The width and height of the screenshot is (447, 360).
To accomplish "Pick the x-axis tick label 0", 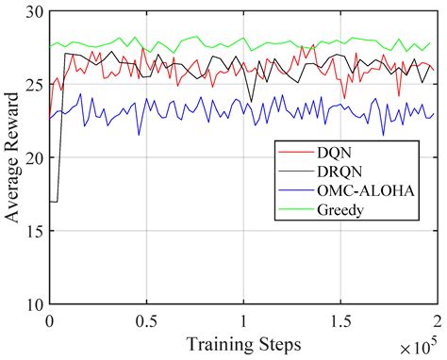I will [49, 319].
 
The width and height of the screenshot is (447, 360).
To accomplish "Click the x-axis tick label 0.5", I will [145, 319].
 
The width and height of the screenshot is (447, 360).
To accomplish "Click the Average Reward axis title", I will [12, 158].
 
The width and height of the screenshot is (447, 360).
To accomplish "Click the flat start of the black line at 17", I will [53, 202].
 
